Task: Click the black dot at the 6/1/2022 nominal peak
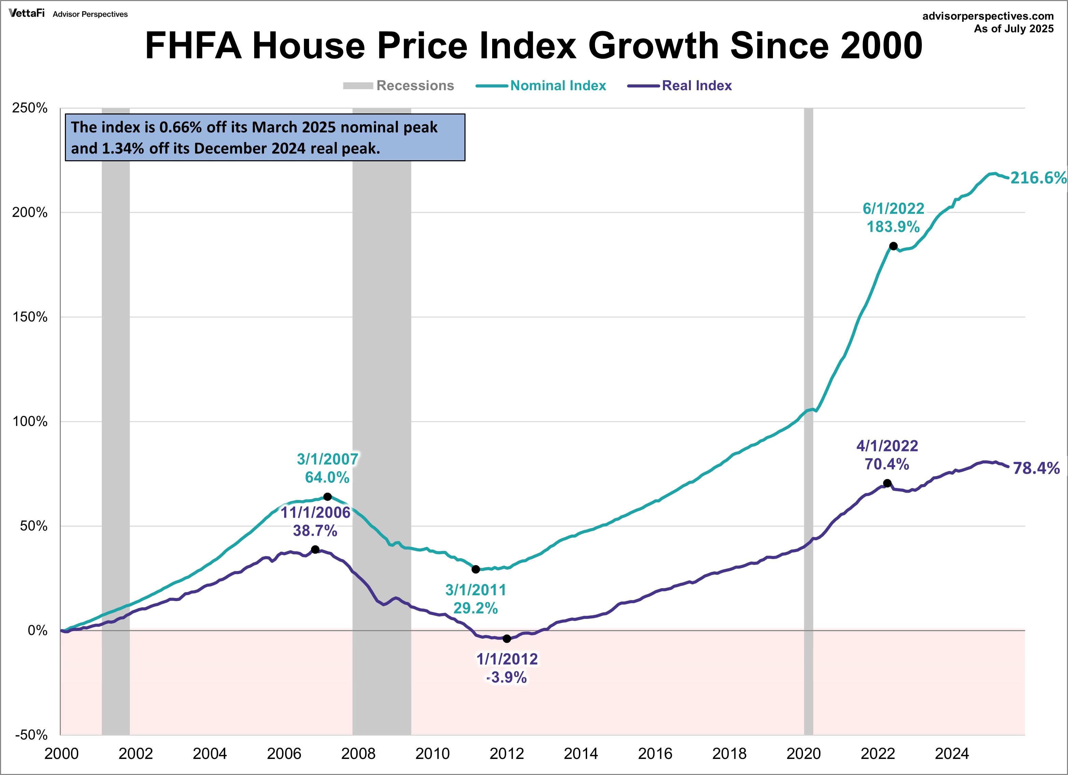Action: pos(893,246)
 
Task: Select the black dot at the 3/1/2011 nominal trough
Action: pos(476,569)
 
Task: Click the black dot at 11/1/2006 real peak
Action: pos(316,549)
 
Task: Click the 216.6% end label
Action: pos(1038,178)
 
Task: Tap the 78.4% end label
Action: pos(1036,468)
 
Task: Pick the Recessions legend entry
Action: pos(414,86)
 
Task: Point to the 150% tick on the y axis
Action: pos(30,317)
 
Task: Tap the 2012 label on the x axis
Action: pos(507,754)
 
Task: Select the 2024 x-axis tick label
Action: pos(952,754)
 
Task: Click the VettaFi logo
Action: pos(27,13)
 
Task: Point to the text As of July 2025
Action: pos(1013,29)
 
